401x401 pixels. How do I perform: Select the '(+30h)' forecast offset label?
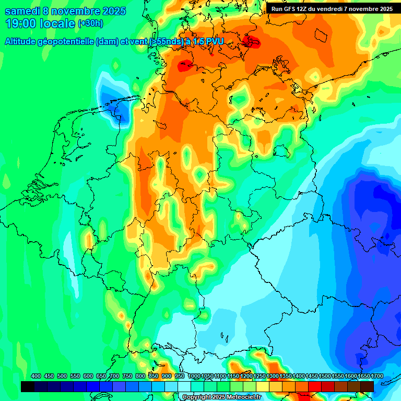point(90,23)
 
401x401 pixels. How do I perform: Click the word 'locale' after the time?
point(58,23)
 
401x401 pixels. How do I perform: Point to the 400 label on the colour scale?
point(36,376)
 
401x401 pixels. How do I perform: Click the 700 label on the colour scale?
point(114,376)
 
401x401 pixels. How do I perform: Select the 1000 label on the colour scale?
point(194,376)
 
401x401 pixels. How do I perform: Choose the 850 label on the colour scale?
point(153,376)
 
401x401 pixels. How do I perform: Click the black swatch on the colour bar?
point(28,386)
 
